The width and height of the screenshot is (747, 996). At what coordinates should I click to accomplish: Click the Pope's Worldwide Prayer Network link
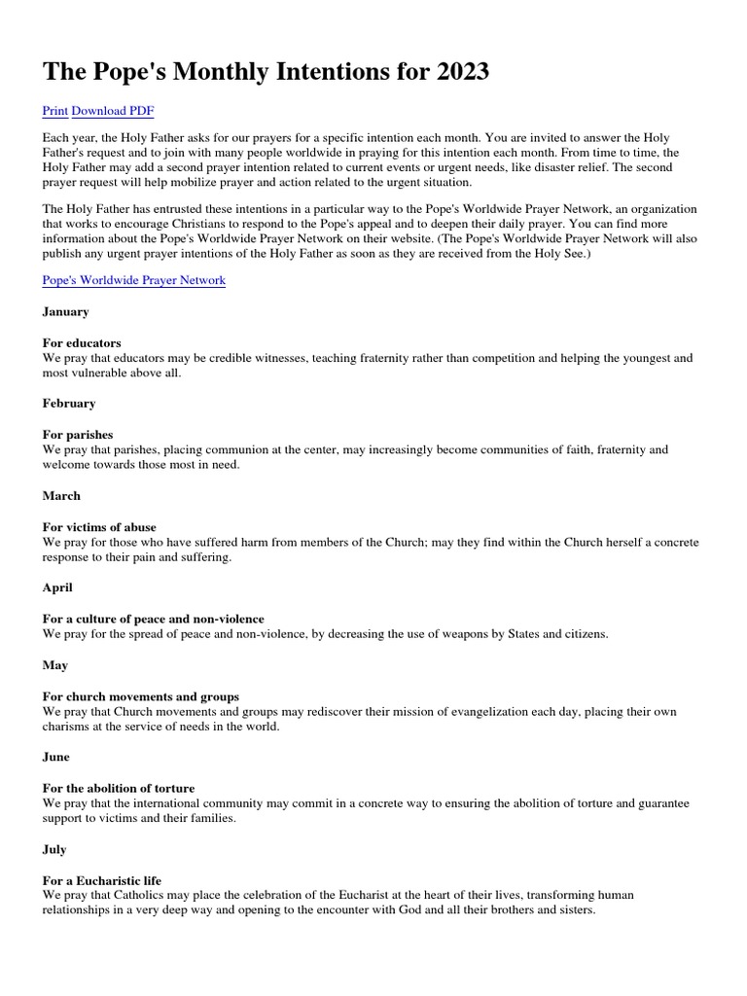[x=134, y=280]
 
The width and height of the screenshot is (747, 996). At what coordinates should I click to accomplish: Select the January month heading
[x=66, y=312]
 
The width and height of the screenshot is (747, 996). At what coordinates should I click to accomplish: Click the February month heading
[x=69, y=404]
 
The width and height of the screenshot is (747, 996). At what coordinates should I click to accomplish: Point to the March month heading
[x=61, y=496]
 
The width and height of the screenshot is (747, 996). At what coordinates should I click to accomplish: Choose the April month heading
[x=58, y=588]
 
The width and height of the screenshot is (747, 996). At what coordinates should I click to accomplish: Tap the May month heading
[x=55, y=665]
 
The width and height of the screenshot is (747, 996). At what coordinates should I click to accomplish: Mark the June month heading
[x=56, y=757]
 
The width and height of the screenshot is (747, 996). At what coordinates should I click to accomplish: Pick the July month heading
[x=54, y=849]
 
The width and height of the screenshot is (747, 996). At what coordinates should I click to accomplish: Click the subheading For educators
[x=82, y=343]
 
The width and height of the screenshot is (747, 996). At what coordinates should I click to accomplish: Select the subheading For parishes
[x=78, y=435]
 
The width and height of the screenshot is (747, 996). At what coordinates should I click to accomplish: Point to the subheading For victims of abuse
[x=99, y=527]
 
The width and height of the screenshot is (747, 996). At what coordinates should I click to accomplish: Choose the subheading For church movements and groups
[x=141, y=696]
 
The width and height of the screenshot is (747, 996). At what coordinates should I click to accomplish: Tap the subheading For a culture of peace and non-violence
[x=154, y=620]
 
